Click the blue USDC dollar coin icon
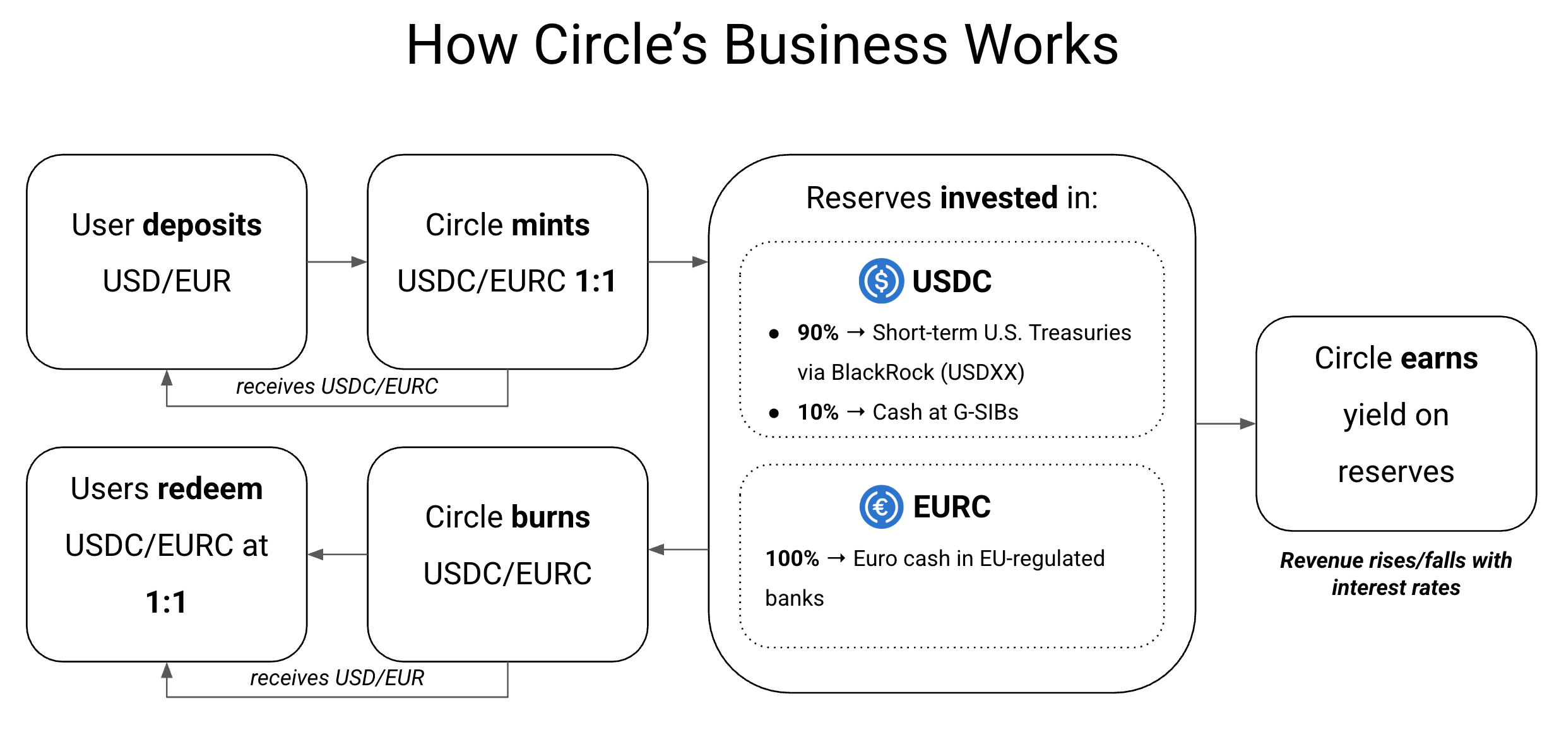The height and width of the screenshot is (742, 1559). click(881, 281)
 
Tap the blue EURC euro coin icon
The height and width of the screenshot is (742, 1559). click(881, 507)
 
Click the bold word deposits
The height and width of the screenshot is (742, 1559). click(202, 225)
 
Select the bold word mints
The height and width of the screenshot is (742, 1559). click(550, 225)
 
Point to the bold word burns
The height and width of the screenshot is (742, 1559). click(550, 517)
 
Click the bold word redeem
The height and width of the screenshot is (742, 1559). click(210, 489)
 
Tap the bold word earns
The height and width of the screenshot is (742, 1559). click(1439, 358)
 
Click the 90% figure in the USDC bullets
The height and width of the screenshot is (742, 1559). click(817, 333)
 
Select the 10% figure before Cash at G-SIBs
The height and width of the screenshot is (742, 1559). click(817, 412)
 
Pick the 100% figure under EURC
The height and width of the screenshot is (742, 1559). click(791, 558)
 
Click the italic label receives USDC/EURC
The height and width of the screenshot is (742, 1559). click(336, 386)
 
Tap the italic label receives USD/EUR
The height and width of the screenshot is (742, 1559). click(336, 678)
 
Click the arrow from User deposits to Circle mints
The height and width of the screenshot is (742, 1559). click(337, 261)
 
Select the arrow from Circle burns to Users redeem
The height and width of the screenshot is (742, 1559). click(337, 554)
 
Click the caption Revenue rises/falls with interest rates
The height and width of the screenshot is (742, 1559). click(1396, 574)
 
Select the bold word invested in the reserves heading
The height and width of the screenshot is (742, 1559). click(999, 197)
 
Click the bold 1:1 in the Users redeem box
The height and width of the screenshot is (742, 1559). click(166, 602)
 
